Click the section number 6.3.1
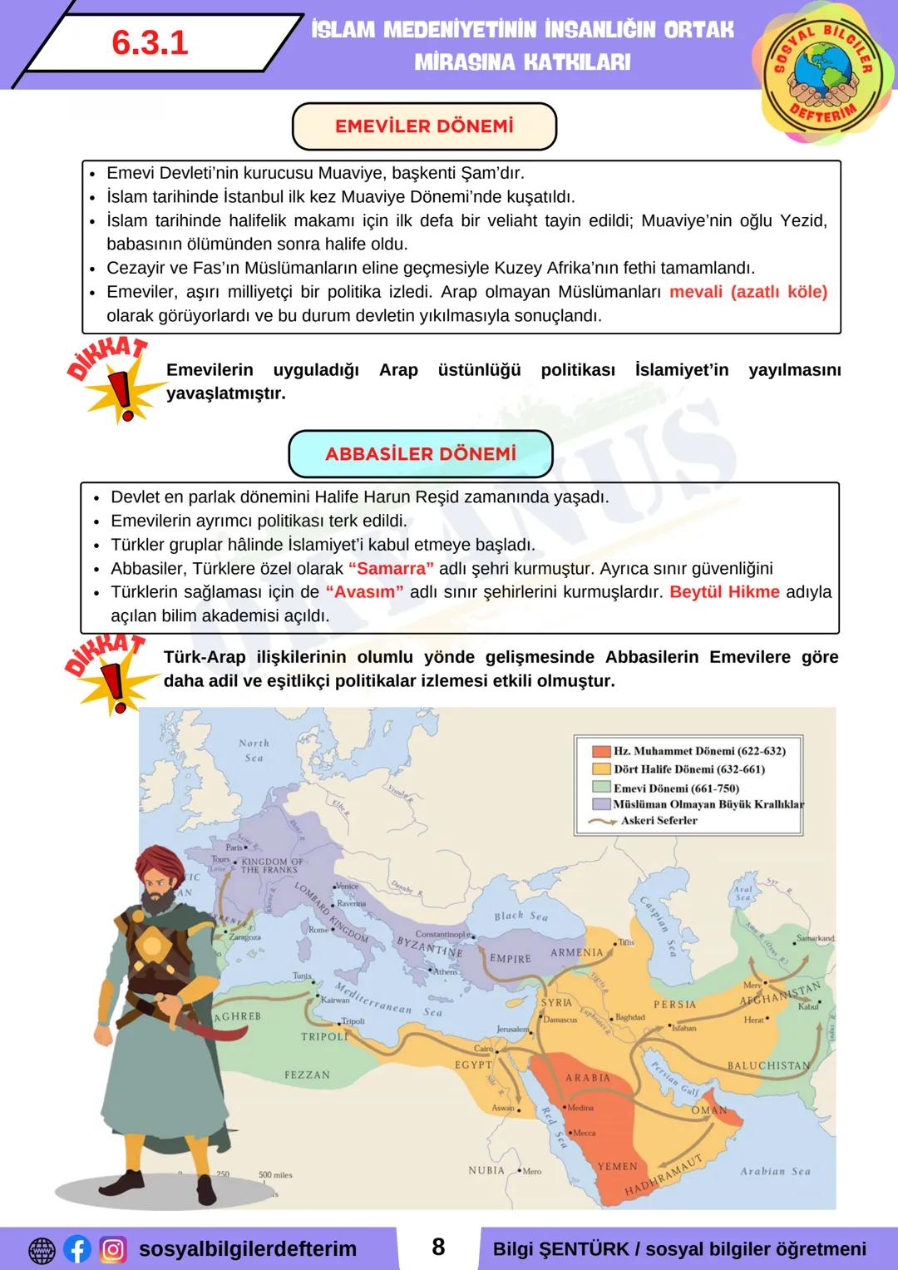point(150,43)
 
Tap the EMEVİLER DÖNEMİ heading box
point(424,126)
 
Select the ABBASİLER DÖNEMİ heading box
point(420,454)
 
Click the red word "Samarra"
point(391,569)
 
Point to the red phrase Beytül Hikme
point(724,592)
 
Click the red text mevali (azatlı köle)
point(748,292)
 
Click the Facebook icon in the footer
point(77,1249)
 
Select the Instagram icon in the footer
point(113,1249)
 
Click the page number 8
point(438,1248)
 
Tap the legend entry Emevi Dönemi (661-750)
point(675,788)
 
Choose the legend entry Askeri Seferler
point(659,820)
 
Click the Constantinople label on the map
point(442,934)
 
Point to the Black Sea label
point(521,916)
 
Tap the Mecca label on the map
point(584,1133)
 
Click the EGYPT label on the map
point(473,1065)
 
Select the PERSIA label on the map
point(674,1004)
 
